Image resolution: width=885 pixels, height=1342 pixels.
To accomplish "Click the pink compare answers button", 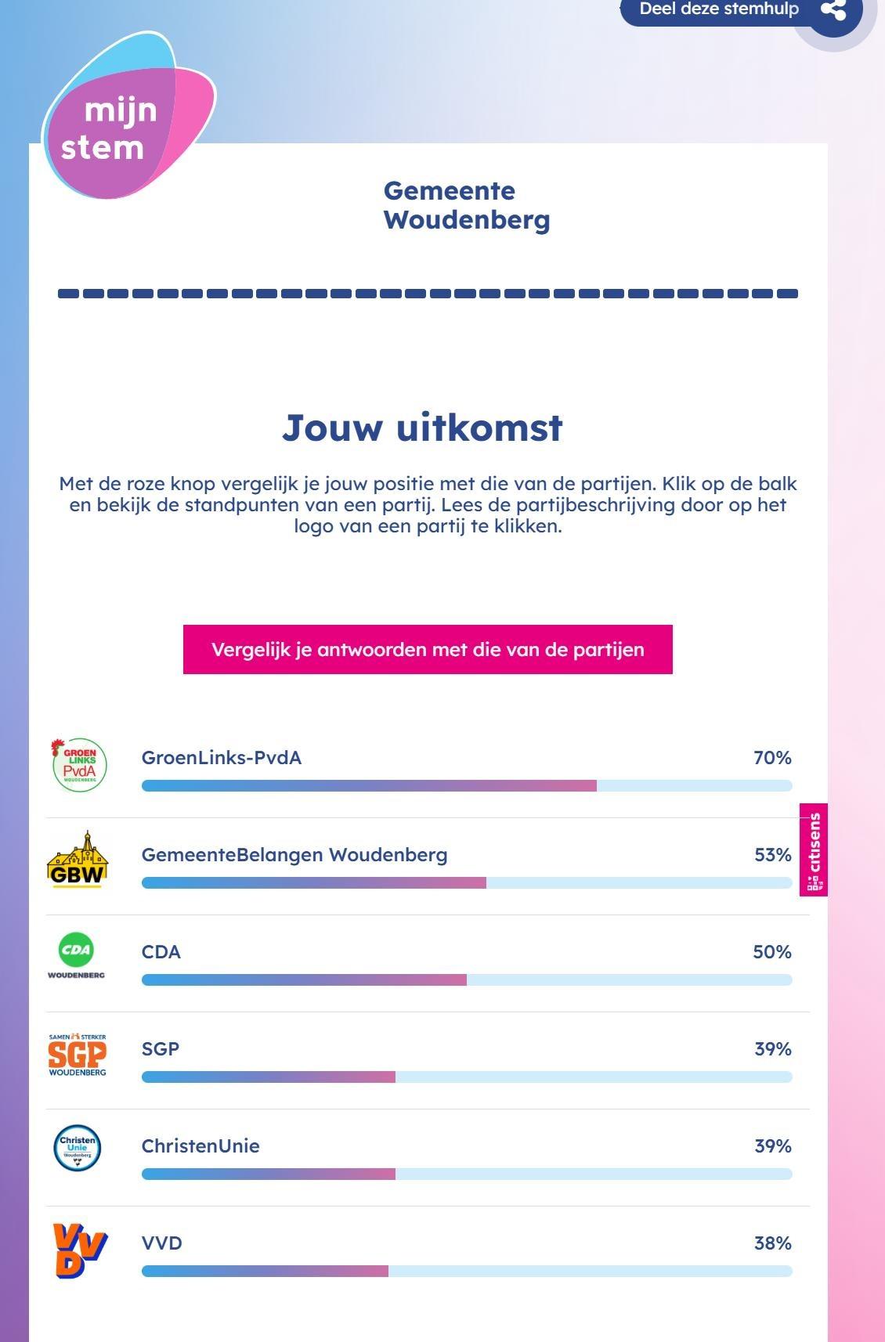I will tap(428, 649).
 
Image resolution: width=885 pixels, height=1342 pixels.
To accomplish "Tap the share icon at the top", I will tap(833, 10).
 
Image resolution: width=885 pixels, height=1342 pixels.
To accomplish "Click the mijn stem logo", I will tap(125, 117).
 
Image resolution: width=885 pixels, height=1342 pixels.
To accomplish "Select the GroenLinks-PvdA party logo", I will tap(79, 765).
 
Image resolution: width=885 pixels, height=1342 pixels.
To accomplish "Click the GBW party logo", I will tap(78, 860).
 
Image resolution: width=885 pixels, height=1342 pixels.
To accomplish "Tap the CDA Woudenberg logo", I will tap(76, 956).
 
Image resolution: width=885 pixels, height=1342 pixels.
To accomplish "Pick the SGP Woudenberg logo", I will tap(78, 1054).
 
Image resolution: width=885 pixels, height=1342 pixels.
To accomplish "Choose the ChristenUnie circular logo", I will tap(78, 1149).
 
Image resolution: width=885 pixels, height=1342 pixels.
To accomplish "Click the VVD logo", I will tap(79, 1249).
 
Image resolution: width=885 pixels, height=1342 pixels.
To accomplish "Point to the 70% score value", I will tap(772, 758).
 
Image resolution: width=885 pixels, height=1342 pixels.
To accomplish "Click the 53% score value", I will tap(772, 855).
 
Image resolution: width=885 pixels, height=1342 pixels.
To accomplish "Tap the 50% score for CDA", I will tap(771, 952).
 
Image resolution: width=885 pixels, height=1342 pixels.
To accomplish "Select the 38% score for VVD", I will tap(772, 1243).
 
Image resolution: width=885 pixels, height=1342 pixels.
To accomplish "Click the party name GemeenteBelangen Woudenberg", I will tap(294, 855).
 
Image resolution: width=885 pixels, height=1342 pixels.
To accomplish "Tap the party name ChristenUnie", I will tap(200, 1146).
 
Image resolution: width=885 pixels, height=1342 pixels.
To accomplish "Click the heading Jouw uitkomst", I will tap(423, 428).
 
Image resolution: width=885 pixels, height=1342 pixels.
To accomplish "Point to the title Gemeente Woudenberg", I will tap(467, 205).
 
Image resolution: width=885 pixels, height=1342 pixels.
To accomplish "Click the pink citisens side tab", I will tap(814, 850).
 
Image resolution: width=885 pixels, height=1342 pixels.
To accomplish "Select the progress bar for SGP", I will tap(467, 1077).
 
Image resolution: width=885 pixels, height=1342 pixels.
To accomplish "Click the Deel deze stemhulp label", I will tap(719, 9).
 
